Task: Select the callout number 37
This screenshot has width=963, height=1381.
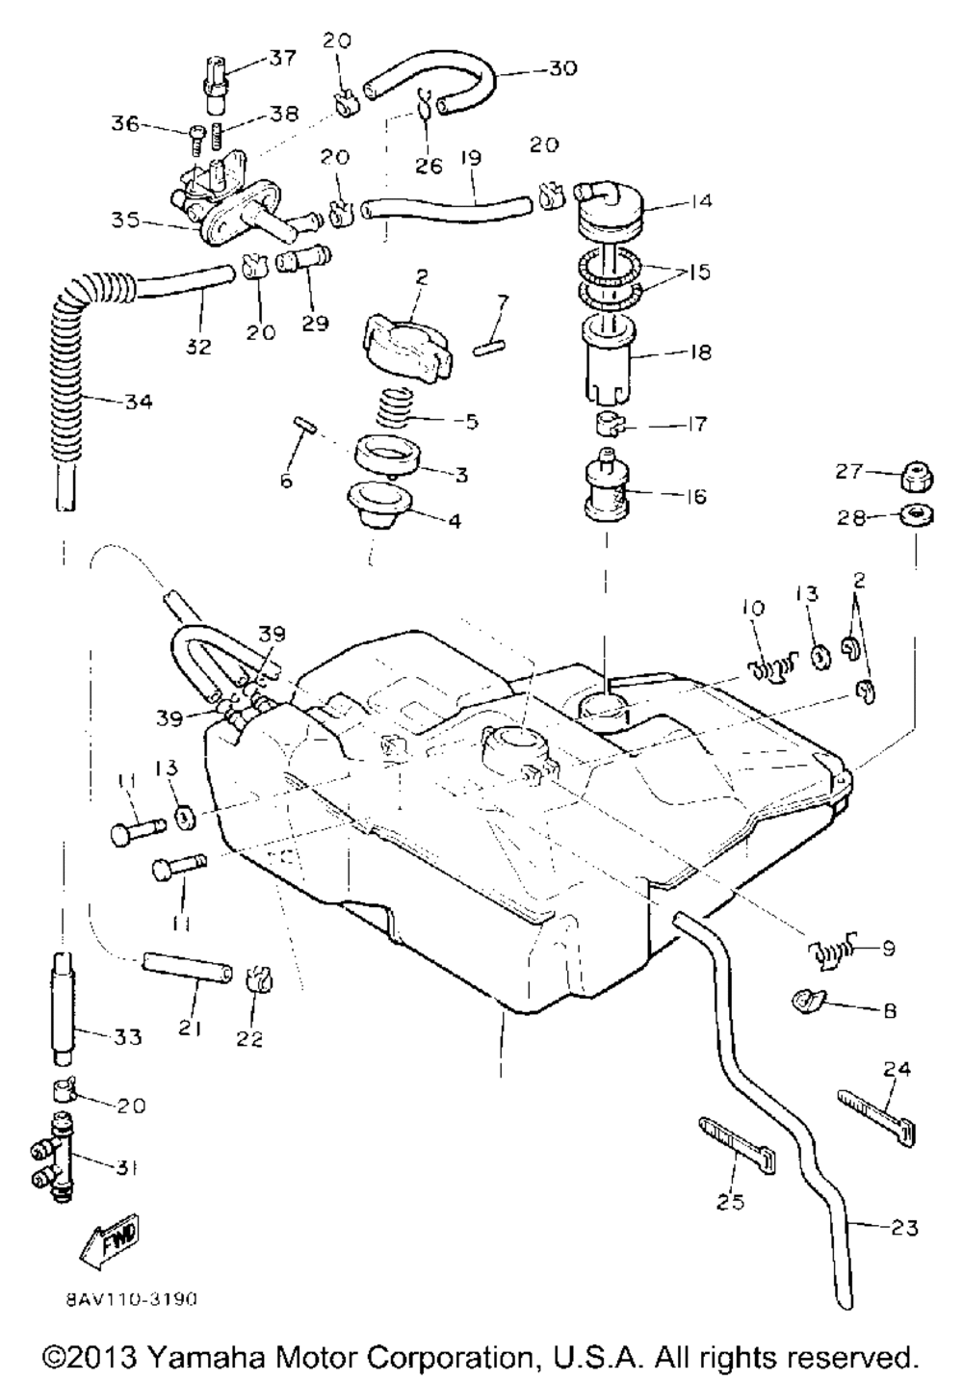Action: pos(282,59)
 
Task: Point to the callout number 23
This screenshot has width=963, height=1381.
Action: pos(904,1228)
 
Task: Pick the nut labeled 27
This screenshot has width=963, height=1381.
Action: pos(911,475)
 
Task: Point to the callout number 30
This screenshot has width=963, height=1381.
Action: pos(562,68)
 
